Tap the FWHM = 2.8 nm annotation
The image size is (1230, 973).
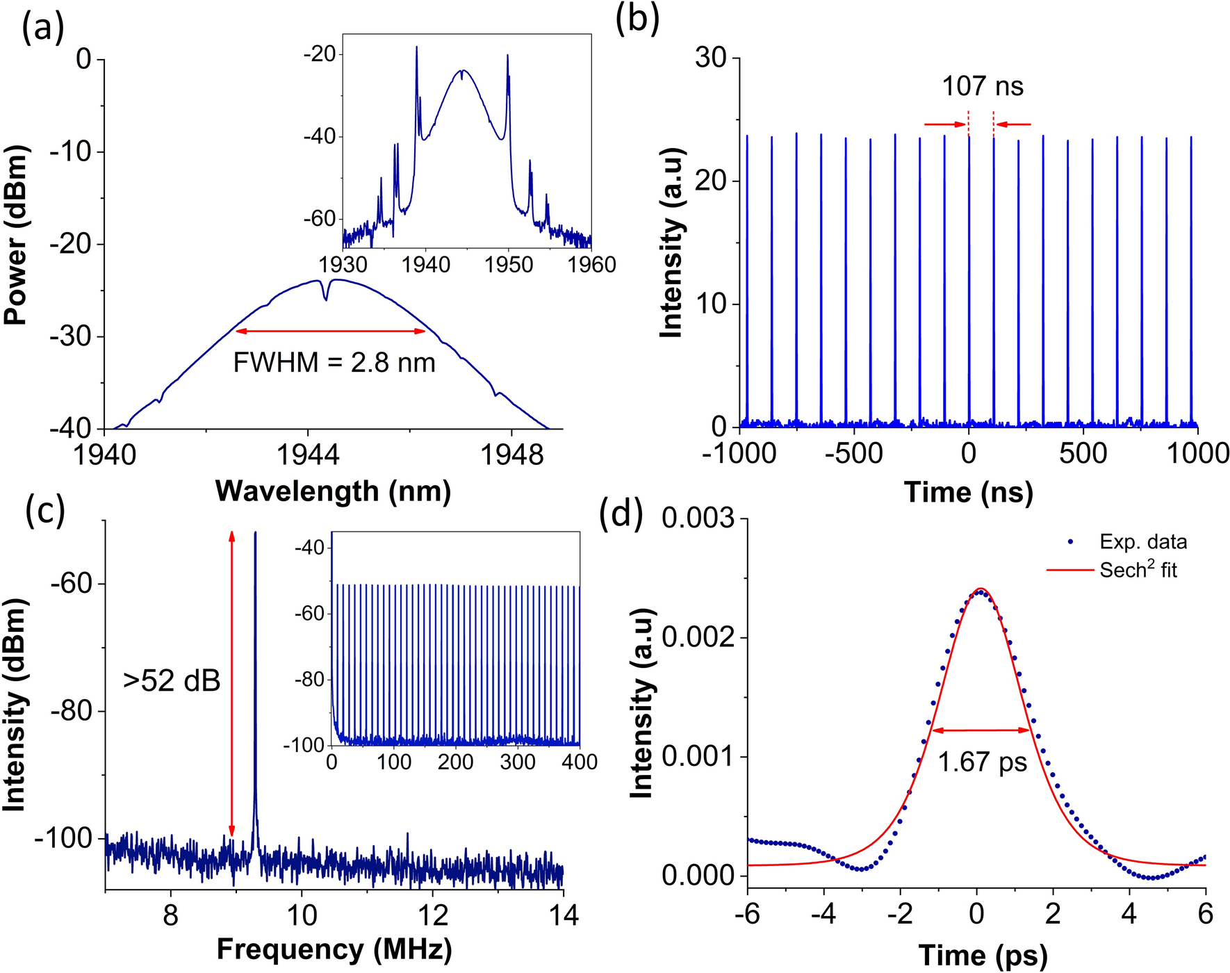coord(334,363)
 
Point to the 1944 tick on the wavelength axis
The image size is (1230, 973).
coord(308,454)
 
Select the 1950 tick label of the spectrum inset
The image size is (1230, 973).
coord(509,265)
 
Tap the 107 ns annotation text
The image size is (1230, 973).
coord(982,86)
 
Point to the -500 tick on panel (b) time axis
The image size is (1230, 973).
coord(853,453)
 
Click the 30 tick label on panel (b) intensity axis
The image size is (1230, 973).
coord(710,58)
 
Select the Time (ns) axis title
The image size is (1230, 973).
coord(968,492)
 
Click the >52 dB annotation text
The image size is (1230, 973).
coord(172,681)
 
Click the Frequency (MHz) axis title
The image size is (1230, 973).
coord(334,949)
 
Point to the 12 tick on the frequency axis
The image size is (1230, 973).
coord(432,915)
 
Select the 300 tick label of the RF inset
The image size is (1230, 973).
coord(518,762)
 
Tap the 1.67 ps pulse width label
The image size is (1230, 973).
coord(982,762)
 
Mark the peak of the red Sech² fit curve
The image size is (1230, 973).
coord(979,589)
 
